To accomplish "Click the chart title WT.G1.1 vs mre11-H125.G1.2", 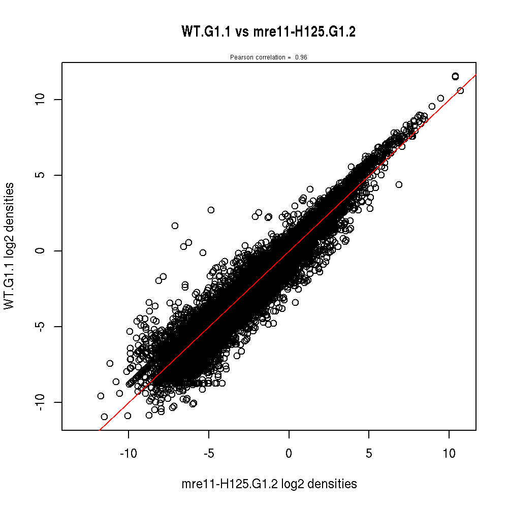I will coord(268,32).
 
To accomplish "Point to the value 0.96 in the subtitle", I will coord(301,57).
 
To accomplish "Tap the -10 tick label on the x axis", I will coord(128,453).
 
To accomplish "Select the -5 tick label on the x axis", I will coord(208,453).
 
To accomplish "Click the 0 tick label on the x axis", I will coord(289,453).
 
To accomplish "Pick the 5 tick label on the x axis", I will coord(369,453).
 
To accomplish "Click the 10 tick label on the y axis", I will coord(43,99).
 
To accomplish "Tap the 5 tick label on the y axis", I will coord(43,175).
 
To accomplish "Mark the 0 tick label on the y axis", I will coord(43,250).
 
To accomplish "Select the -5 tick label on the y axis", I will coord(43,326).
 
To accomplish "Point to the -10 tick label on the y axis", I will coord(43,402).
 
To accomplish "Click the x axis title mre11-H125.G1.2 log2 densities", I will coord(269,485).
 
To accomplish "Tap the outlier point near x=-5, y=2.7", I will coord(211,210).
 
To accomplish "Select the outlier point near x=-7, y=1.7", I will coord(175,226).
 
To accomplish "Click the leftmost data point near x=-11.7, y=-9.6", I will coord(101,396).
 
